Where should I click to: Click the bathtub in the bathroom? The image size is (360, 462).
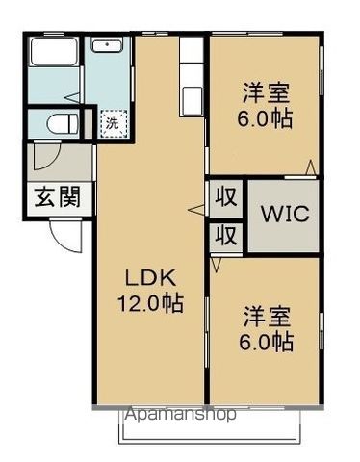point(54,51)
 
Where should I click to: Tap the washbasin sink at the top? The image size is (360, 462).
point(107,45)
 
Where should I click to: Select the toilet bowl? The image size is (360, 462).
point(62,123)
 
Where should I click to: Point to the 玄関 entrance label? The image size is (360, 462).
point(58,196)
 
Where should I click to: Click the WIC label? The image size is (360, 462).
point(285,214)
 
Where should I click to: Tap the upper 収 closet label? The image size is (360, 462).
point(226,197)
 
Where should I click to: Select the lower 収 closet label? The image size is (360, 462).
point(226,236)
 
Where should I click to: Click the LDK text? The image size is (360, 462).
point(150,278)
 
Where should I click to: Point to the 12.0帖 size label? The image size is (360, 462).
point(150,303)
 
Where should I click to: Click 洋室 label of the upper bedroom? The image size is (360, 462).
point(266,93)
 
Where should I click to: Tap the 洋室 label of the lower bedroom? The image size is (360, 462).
point(267,317)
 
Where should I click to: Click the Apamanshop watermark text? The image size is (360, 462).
point(181,414)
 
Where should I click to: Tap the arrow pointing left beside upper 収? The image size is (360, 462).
point(195,210)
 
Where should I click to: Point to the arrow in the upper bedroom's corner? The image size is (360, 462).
point(310,167)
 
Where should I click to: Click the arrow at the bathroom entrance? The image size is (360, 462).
point(72,97)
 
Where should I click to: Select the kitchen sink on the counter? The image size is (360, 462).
point(192,100)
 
